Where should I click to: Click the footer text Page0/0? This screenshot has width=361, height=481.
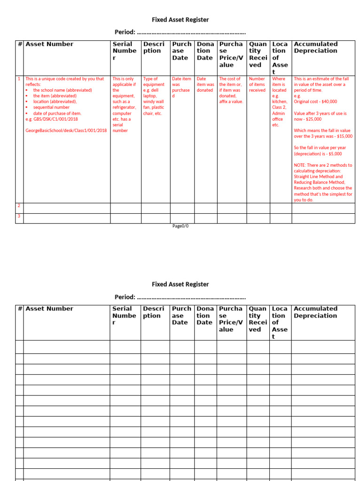coord(180,226)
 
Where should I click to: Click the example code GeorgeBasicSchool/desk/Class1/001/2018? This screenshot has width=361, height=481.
coord(66,130)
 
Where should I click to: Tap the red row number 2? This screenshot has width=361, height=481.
coord(19,206)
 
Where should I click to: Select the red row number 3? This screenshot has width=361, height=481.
coord(19,216)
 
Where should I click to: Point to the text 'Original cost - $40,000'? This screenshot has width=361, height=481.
coord(315,101)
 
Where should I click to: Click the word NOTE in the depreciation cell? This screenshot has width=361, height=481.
coord(300,165)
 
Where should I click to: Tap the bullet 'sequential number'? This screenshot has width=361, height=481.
coord(51,107)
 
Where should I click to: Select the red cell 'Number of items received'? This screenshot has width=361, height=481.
coord(257,85)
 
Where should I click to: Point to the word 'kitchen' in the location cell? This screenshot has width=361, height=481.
coord(279,101)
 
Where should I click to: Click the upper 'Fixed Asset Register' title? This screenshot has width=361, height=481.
coord(180,20)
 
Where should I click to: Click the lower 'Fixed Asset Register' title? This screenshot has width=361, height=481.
coord(180,284)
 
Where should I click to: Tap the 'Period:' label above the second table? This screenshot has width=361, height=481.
coord(125,297)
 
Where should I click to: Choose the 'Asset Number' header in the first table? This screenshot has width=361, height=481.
coord(49,44)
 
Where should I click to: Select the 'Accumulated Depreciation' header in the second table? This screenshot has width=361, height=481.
coord(315,312)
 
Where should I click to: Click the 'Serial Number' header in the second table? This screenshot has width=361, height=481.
coord(124,315)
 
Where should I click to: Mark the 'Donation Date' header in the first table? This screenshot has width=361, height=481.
coord(204,51)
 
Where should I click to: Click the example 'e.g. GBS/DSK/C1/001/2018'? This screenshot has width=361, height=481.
coord(52,119)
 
